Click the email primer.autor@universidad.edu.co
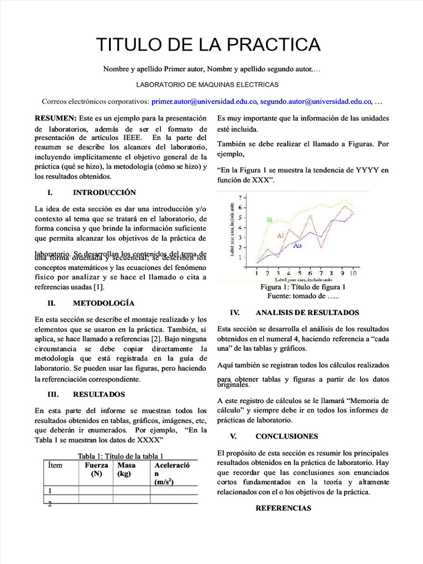click(x=204, y=101)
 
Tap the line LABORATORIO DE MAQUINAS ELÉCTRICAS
click(x=207, y=85)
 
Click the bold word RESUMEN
click(x=56, y=118)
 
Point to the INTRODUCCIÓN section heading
click(x=104, y=193)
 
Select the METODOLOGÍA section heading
click(x=104, y=303)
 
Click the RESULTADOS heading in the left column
click(x=99, y=394)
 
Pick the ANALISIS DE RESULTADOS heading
click(x=307, y=312)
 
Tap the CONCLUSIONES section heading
click(x=286, y=436)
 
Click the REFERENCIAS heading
click(x=283, y=508)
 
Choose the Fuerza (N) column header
click(x=96, y=469)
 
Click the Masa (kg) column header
click(x=127, y=469)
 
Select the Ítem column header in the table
click(x=55, y=465)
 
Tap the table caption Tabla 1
click(x=121, y=456)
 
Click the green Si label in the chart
click(x=270, y=220)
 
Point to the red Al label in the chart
click(x=280, y=236)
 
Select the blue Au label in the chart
click(x=297, y=245)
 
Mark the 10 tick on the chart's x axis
click(x=352, y=273)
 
